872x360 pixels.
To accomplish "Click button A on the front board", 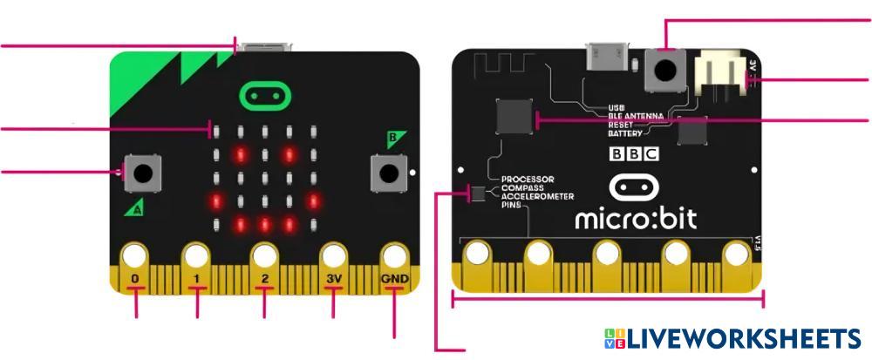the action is click(143, 172).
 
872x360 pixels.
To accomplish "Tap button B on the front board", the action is click(388, 172).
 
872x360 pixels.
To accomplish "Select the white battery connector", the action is click(719, 72).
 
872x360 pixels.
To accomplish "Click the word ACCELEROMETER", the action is click(540, 196).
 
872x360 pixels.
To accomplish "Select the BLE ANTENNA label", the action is click(636, 117).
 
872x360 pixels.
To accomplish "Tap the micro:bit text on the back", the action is click(635, 217).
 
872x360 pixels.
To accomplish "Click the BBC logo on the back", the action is click(634, 155).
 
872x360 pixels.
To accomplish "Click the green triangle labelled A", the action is click(133, 208).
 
